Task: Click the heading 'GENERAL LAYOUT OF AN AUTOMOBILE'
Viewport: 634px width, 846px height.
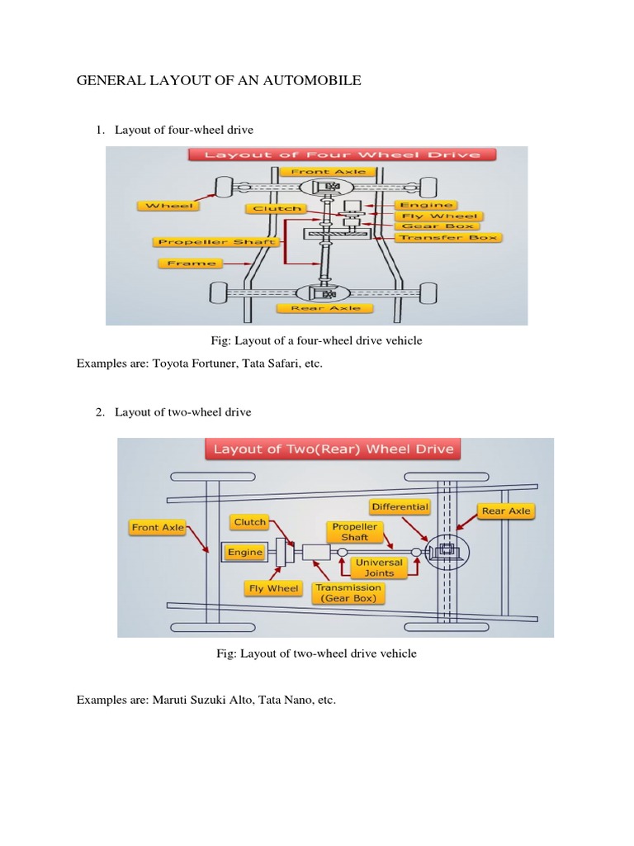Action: (x=219, y=80)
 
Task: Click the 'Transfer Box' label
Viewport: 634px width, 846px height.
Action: (x=448, y=238)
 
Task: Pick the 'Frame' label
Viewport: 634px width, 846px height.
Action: (x=191, y=264)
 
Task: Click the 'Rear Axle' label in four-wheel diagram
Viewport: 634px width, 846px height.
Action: (x=331, y=308)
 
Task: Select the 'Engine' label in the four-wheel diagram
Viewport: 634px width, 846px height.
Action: (x=425, y=204)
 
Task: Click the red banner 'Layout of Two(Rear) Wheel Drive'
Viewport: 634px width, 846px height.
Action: (x=334, y=450)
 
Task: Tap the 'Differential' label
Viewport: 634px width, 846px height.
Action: (x=400, y=506)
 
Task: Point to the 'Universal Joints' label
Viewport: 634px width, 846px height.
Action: (x=379, y=568)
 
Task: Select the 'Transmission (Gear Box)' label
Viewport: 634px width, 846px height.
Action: (x=350, y=593)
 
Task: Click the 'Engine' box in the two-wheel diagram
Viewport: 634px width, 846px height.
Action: (x=245, y=552)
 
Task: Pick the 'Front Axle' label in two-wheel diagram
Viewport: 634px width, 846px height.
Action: (x=158, y=527)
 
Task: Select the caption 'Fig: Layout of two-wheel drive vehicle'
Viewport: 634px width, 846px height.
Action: (x=316, y=654)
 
